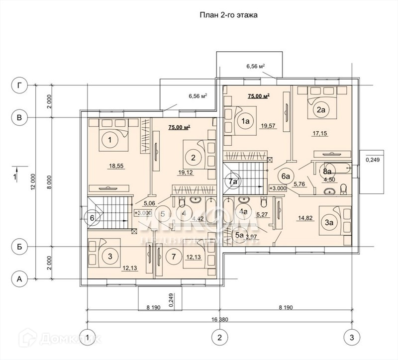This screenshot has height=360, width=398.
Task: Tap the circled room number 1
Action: [x=109, y=141]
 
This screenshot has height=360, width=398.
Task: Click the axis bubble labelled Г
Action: [x=19, y=85]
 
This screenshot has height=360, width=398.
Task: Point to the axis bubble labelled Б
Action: [x=19, y=247]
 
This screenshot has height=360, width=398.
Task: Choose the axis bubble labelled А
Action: [x=19, y=279]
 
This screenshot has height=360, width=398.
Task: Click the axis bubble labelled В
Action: [x=19, y=117]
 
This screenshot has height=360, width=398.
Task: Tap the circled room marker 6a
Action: [x=286, y=176]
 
